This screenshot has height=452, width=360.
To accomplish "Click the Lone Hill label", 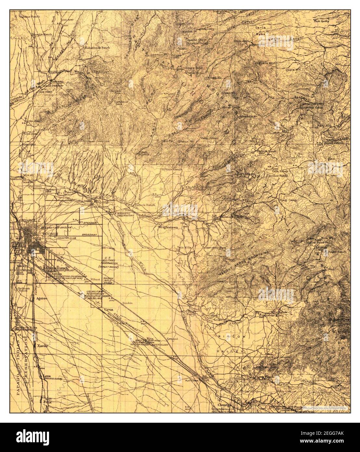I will tap(294, 70).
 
